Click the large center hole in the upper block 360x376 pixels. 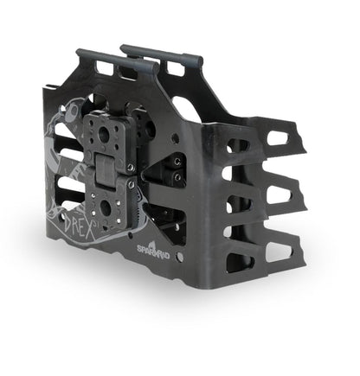click(105, 134)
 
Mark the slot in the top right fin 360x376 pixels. click(280, 137)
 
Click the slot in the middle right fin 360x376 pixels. click(280, 195)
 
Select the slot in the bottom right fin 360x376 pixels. click(279, 252)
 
